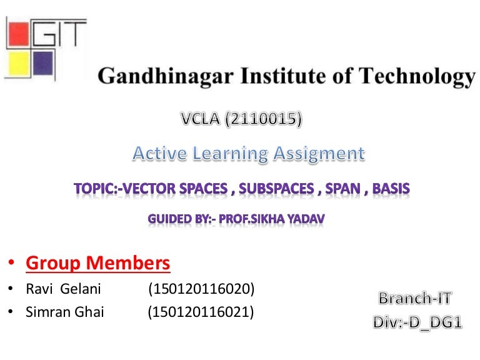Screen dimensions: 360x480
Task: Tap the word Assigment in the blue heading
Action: coord(319,152)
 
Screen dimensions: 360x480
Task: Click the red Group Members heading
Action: coord(97,264)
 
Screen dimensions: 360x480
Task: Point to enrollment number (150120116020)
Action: coord(201,289)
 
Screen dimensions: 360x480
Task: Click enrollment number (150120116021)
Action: coord(201,312)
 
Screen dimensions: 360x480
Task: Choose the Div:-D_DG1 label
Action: coord(417,322)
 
